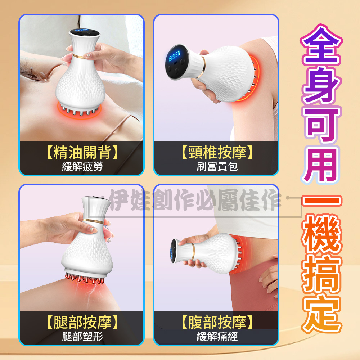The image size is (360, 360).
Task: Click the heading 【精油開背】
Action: coord(82,152)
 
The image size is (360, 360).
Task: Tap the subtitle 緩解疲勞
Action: coord(82,167)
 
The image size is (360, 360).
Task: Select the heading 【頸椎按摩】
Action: coord(217,152)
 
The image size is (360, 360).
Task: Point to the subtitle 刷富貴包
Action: coord(217,167)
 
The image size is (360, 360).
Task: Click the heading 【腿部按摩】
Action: coord(82,322)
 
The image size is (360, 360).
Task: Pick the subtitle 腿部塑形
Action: coord(82,337)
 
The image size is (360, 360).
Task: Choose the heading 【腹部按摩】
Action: coord(217,322)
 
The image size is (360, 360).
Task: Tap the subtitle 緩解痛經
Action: coord(217,337)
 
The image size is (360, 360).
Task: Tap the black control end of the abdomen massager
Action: coord(174,251)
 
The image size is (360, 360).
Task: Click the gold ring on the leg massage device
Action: coord(93,221)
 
